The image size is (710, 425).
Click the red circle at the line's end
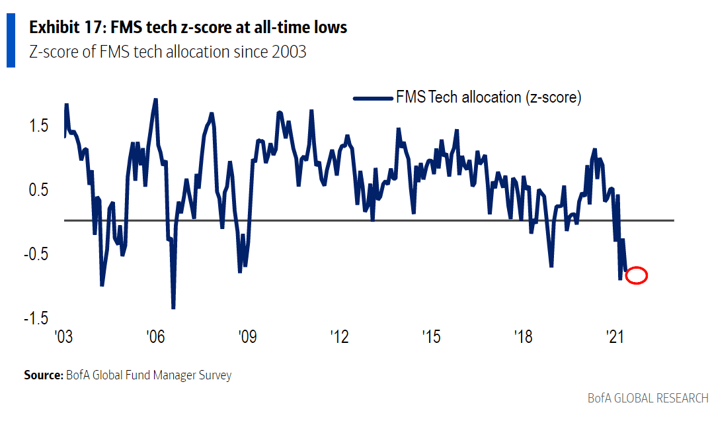(636, 275)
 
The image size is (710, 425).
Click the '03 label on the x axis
(63, 337)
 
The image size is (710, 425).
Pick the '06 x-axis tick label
(155, 337)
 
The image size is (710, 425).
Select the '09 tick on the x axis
(247, 337)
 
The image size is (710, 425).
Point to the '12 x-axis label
(339, 337)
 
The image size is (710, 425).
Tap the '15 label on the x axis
(431, 337)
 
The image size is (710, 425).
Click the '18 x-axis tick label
(523, 337)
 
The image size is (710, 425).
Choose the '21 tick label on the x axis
(615, 337)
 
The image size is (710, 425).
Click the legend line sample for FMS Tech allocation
(373, 98)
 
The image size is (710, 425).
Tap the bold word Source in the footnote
(43, 375)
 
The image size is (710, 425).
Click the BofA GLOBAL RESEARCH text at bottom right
(648, 399)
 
